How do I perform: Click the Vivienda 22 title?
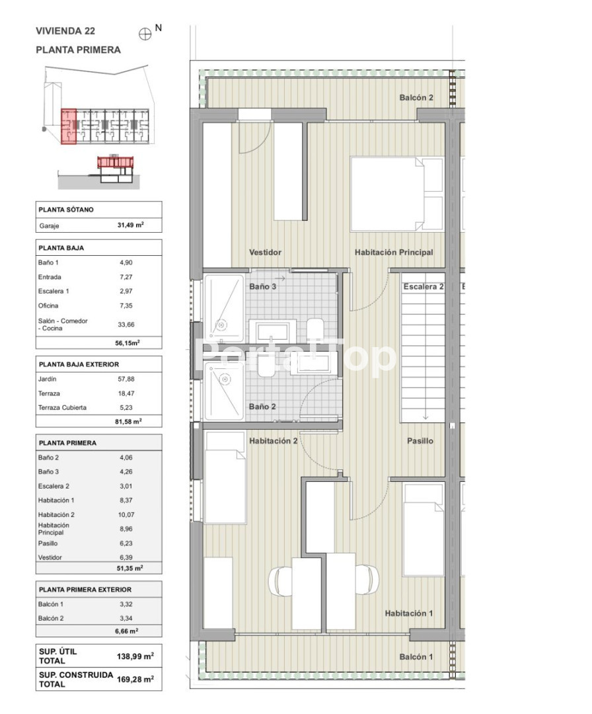click(x=65, y=31)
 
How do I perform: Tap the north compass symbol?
click(x=145, y=34)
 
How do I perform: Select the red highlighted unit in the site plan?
click(x=68, y=126)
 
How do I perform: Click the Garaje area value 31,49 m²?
click(x=131, y=225)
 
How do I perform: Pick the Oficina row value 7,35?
click(x=126, y=305)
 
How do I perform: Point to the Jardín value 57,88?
click(x=126, y=379)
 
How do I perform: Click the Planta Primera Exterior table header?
click(x=85, y=589)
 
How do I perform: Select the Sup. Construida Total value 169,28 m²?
click(x=135, y=679)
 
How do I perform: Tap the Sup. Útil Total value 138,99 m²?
click(x=135, y=656)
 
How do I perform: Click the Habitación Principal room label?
click(x=394, y=253)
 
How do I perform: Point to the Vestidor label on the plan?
click(x=266, y=253)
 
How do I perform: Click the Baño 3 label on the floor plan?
click(x=262, y=286)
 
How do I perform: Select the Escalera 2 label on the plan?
click(x=423, y=286)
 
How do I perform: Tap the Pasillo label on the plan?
click(x=420, y=441)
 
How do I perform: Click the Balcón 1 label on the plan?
click(x=416, y=656)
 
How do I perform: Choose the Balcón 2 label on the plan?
click(x=416, y=97)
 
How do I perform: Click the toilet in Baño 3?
click(x=315, y=329)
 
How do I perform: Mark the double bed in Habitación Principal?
click(x=397, y=194)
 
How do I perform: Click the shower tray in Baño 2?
click(x=223, y=391)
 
